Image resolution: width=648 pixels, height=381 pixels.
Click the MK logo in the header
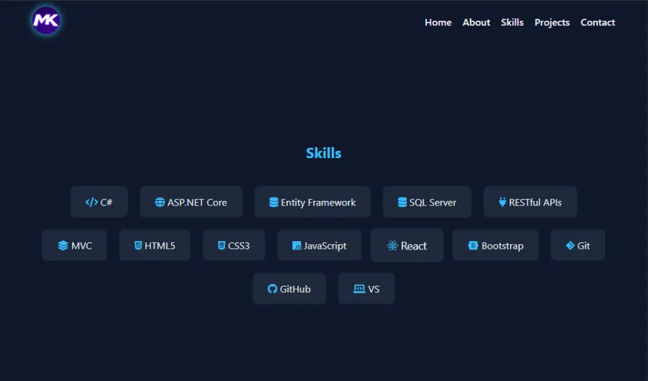(46, 21)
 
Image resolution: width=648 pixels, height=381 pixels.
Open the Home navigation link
(438, 22)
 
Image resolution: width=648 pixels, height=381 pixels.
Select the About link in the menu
(476, 22)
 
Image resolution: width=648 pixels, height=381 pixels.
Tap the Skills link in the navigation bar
(512, 22)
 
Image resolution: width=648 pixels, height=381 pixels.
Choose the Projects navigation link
(552, 22)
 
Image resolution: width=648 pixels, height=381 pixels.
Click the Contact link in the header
(597, 22)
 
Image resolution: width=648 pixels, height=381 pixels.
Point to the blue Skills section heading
(323, 153)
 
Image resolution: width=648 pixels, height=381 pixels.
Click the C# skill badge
(99, 202)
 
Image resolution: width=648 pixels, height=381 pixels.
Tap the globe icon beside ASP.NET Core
(160, 202)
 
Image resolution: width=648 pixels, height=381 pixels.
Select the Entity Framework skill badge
(312, 202)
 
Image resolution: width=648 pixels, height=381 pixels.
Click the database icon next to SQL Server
(402, 202)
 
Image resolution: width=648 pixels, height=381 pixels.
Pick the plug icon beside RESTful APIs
(502, 202)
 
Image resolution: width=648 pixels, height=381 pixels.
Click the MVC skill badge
(75, 246)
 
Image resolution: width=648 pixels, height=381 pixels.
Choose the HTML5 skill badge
(155, 246)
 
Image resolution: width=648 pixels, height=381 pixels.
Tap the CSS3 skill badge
(234, 246)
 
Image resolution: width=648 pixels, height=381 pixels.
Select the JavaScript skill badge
(319, 246)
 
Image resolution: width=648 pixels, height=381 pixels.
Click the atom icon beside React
(392, 246)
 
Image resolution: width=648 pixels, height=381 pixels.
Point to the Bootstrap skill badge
(496, 246)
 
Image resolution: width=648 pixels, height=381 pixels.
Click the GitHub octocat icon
(272, 289)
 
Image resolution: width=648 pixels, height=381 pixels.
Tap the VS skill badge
(366, 289)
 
